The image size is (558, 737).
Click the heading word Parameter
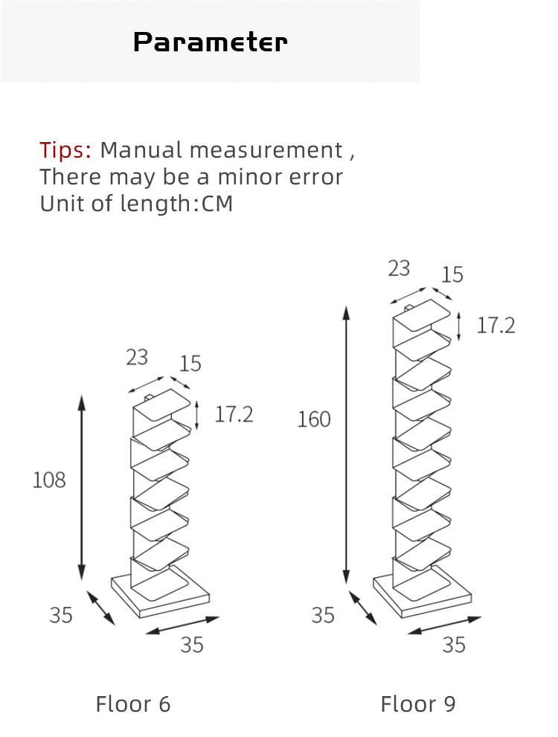tap(210, 42)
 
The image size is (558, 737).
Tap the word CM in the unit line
tap(217, 204)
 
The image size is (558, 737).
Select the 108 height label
tap(49, 480)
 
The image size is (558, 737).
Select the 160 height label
tap(314, 419)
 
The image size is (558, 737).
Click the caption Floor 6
tap(133, 704)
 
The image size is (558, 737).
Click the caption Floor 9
tap(418, 704)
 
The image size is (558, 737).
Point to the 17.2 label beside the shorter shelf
tap(234, 414)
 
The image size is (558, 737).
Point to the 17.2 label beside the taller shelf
tap(496, 325)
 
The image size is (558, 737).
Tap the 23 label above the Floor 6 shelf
tap(137, 357)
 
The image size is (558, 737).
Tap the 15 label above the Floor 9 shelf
tap(452, 274)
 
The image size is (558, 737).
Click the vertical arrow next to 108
tap(82, 487)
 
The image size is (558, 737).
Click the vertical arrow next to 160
tap(347, 445)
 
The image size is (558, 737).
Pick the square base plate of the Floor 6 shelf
tap(160, 593)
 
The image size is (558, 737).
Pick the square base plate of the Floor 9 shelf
tap(422, 593)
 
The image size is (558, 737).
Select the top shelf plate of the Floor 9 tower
tap(422, 314)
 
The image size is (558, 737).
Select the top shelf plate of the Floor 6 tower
tap(162, 405)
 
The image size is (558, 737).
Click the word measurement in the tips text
tap(266, 150)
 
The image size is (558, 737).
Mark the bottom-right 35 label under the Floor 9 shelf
tap(454, 645)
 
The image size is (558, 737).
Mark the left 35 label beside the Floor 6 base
tap(61, 615)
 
